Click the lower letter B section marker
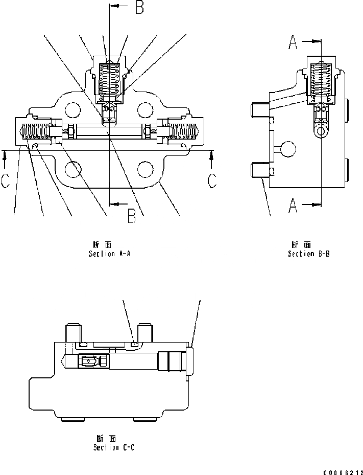click(x=132, y=217)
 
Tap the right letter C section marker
click(x=211, y=181)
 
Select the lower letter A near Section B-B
click(x=294, y=206)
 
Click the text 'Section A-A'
click(x=109, y=254)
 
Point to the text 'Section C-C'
click(x=114, y=447)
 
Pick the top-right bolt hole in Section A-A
click(x=146, y=109)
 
